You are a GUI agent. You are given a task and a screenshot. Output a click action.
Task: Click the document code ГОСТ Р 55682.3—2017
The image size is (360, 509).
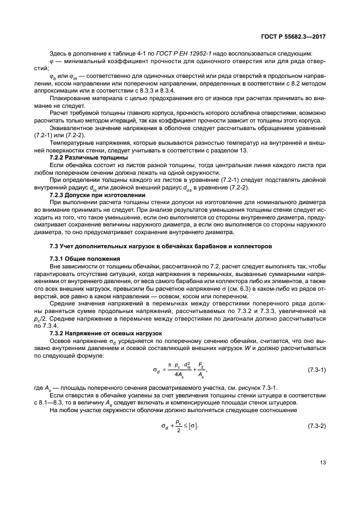293,35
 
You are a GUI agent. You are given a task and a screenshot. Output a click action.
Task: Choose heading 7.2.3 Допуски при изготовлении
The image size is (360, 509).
90,194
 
